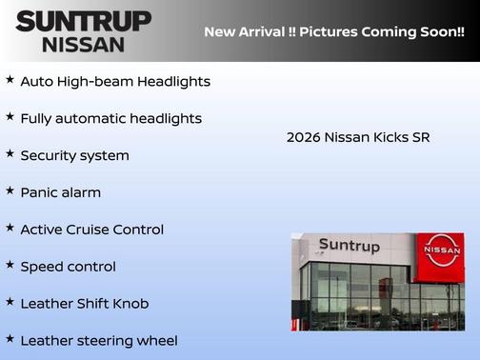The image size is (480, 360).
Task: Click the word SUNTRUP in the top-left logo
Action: [83, 20]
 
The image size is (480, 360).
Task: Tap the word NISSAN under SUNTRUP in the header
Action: [83, 44]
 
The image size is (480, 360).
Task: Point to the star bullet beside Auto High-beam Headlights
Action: [10, 80]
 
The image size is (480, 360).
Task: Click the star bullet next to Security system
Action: [10, 153]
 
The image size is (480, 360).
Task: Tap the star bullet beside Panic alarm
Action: [10, 190]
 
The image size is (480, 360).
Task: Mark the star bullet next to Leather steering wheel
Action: [10, 338]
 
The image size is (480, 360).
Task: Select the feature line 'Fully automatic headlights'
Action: [110, 119]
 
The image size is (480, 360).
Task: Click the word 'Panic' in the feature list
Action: [40, 192]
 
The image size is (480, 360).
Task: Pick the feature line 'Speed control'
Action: [68, 267]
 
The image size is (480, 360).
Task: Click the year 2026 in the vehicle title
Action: [303, 137]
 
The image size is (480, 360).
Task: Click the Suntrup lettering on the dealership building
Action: [349, 246]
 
